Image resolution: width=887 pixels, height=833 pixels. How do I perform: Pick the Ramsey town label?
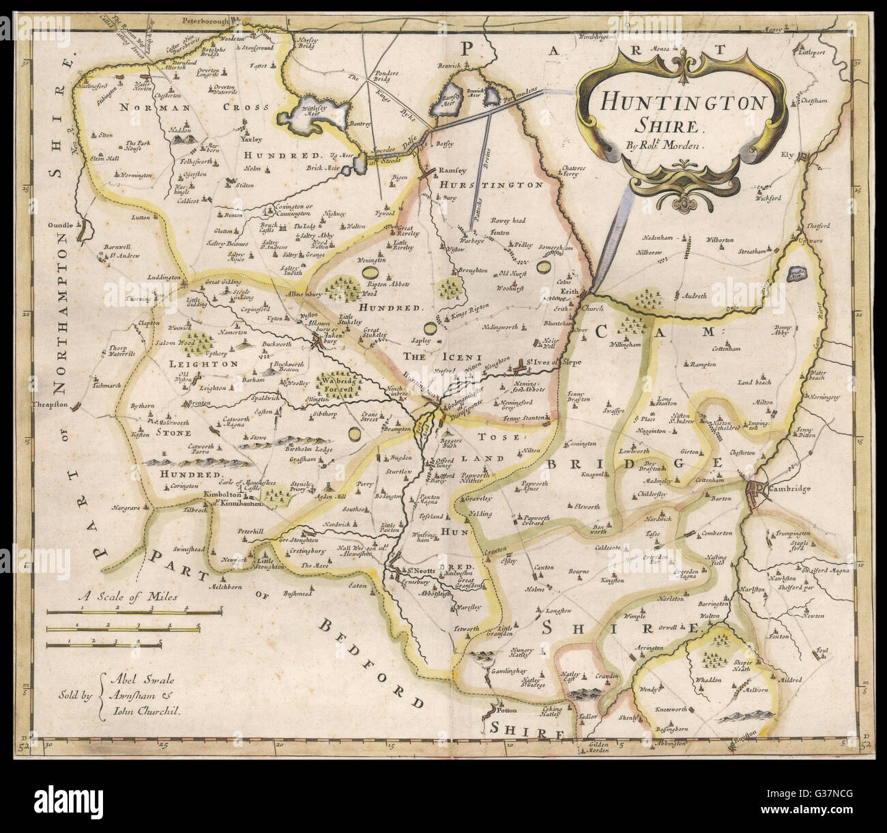point(452,170)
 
